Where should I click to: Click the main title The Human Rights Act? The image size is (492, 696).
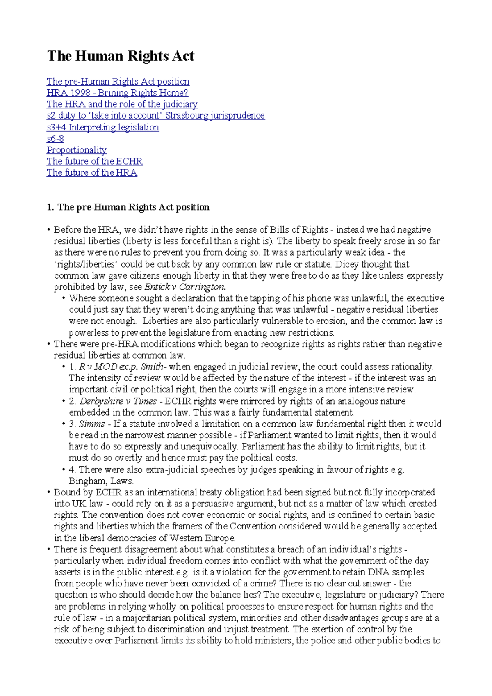click(121, 56)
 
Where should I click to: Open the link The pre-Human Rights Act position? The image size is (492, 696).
click(118, 81)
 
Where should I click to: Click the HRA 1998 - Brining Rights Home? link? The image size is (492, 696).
click(117, 93)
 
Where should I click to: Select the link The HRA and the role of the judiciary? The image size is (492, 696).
click(122, 104)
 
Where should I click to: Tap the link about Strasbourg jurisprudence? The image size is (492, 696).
click(156, 116)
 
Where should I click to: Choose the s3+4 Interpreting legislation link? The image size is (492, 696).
click(103, 127)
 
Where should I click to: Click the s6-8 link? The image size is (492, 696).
click(55, 139)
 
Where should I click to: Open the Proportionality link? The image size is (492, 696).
click(77, 150)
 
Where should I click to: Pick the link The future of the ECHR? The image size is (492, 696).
click(95, 161)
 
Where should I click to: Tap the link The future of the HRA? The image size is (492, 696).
click(92, 173)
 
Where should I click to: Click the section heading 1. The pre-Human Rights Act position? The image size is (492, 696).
click(128, 207)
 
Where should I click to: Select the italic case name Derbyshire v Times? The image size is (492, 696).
click(118, 401)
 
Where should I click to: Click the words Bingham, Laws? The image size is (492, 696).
click(101, 481)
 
